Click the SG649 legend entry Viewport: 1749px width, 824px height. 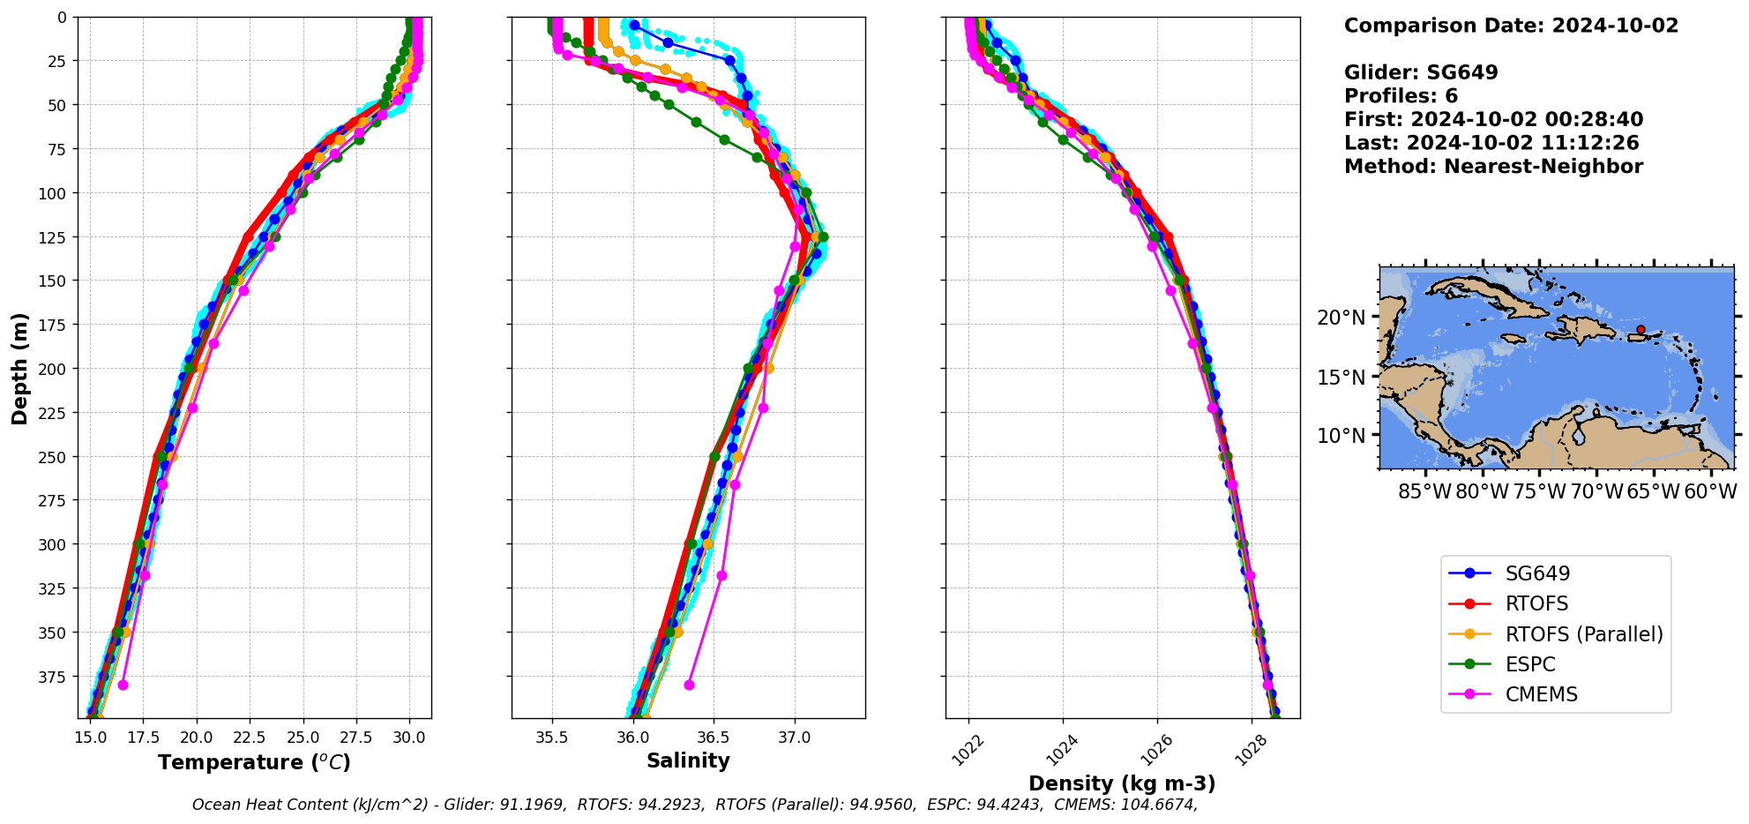[1537, 573]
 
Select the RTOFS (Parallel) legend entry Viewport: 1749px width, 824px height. [1583, 634]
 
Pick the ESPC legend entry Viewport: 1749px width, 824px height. [1529, 664]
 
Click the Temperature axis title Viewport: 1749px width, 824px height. [254, 762]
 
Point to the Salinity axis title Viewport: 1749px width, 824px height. [688, 760]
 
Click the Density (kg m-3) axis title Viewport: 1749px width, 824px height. [1122, 783]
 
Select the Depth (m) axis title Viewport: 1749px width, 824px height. [19, 368]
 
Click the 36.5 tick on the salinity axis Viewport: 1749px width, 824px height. [714, 738]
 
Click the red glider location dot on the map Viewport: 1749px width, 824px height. [1641, 329]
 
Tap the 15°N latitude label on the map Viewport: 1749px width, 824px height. [1342, 378]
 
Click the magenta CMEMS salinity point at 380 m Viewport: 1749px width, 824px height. [689, 685]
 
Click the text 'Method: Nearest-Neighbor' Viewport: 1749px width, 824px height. [1493, 167]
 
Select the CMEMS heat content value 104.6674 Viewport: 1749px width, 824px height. [1159, 805]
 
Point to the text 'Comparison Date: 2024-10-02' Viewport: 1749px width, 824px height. [1511, 26]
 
